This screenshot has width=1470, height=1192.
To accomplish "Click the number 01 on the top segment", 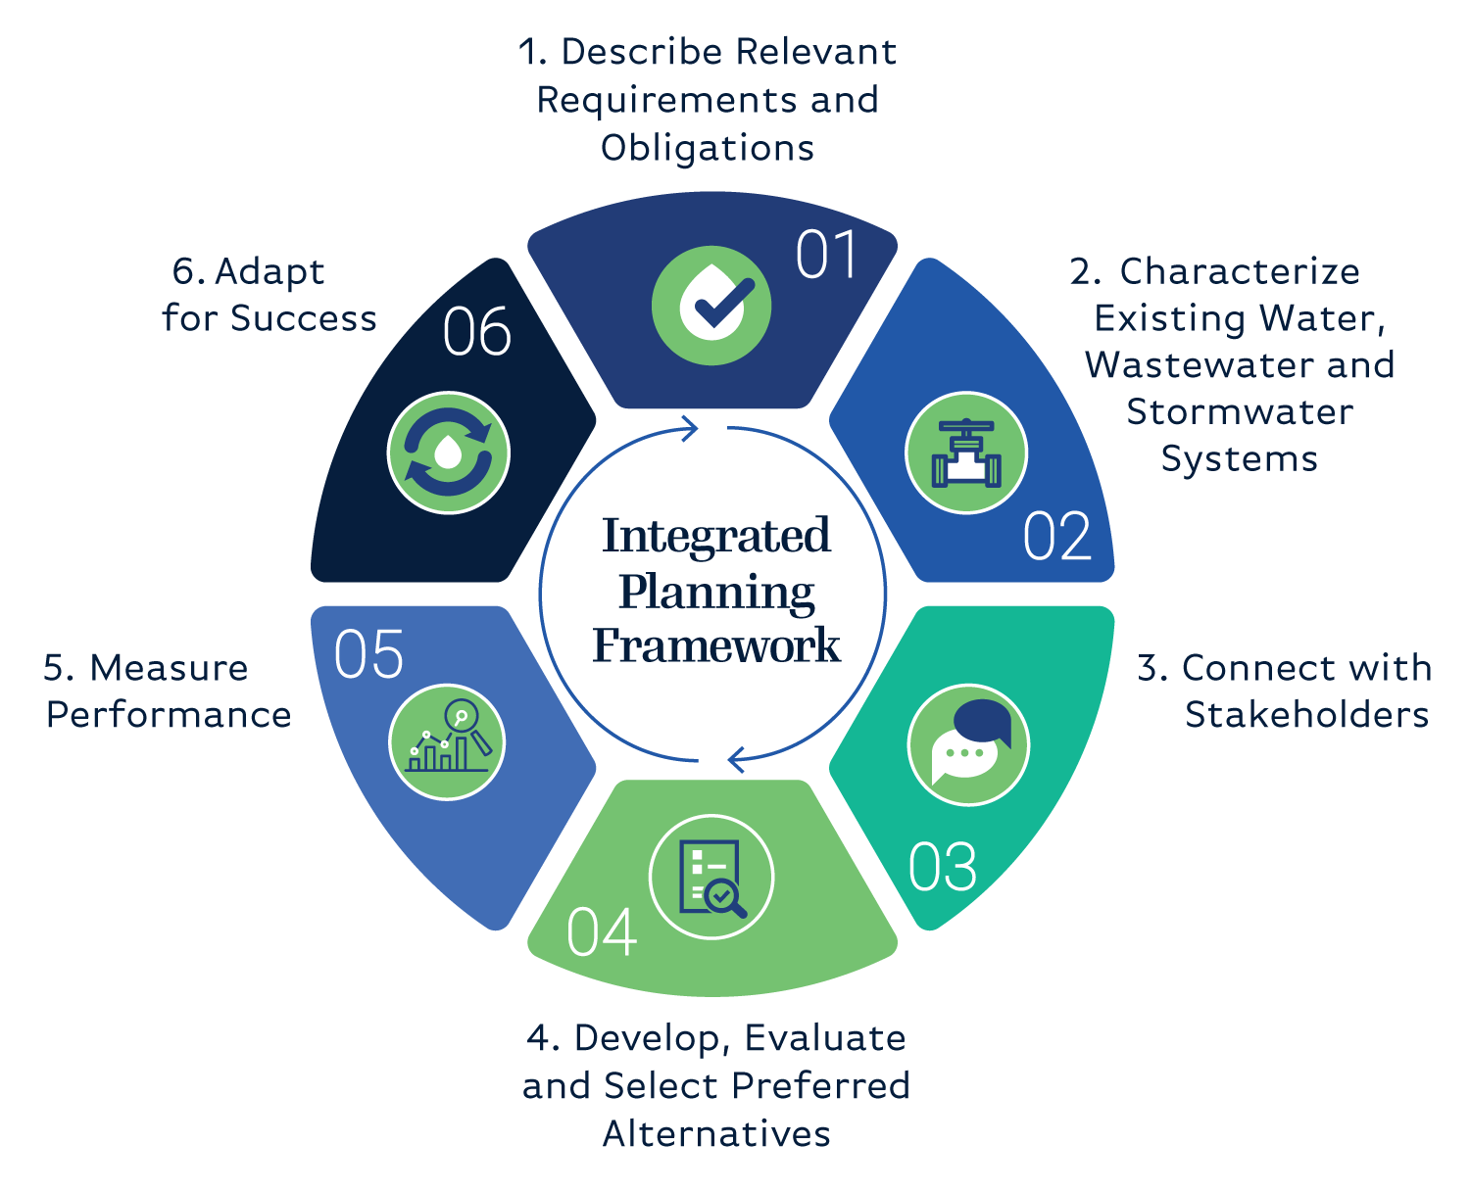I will tap(827, 256).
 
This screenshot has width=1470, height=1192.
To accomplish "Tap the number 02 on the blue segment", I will tap(1056, 537).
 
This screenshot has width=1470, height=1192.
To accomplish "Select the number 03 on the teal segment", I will tap(943, 867).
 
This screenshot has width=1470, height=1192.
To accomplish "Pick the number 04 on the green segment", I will tap(602, 932).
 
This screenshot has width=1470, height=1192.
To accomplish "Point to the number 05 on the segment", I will tap(368, 654).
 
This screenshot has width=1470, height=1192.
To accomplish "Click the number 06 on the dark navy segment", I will tap(476, 332).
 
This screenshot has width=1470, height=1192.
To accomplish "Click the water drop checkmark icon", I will tap(711, 306).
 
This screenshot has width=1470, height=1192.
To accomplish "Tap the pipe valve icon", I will tap(966, 453).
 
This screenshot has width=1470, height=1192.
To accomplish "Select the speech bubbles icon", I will tap(968, 744).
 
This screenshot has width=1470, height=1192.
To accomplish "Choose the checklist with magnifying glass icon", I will tap(711, 877).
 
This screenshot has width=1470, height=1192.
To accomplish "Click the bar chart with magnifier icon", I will tap(448, 741).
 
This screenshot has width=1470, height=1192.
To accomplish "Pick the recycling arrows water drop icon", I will tap(449, 453).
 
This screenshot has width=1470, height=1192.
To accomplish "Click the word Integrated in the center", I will tap(716, 536).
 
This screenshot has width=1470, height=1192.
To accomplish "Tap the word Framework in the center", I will tap(716, 646).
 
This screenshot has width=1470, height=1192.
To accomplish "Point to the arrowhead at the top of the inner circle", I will tap(691, 429).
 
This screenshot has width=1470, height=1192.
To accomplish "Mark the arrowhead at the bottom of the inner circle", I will tap(736, 758).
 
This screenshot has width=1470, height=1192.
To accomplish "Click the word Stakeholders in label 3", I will tap(1306, 715).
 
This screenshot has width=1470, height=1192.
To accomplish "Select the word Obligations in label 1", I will tap(708, 148).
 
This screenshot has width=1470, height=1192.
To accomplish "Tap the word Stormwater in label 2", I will tap(1240, 412).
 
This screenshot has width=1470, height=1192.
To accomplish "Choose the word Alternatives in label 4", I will tap(716, 1134).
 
